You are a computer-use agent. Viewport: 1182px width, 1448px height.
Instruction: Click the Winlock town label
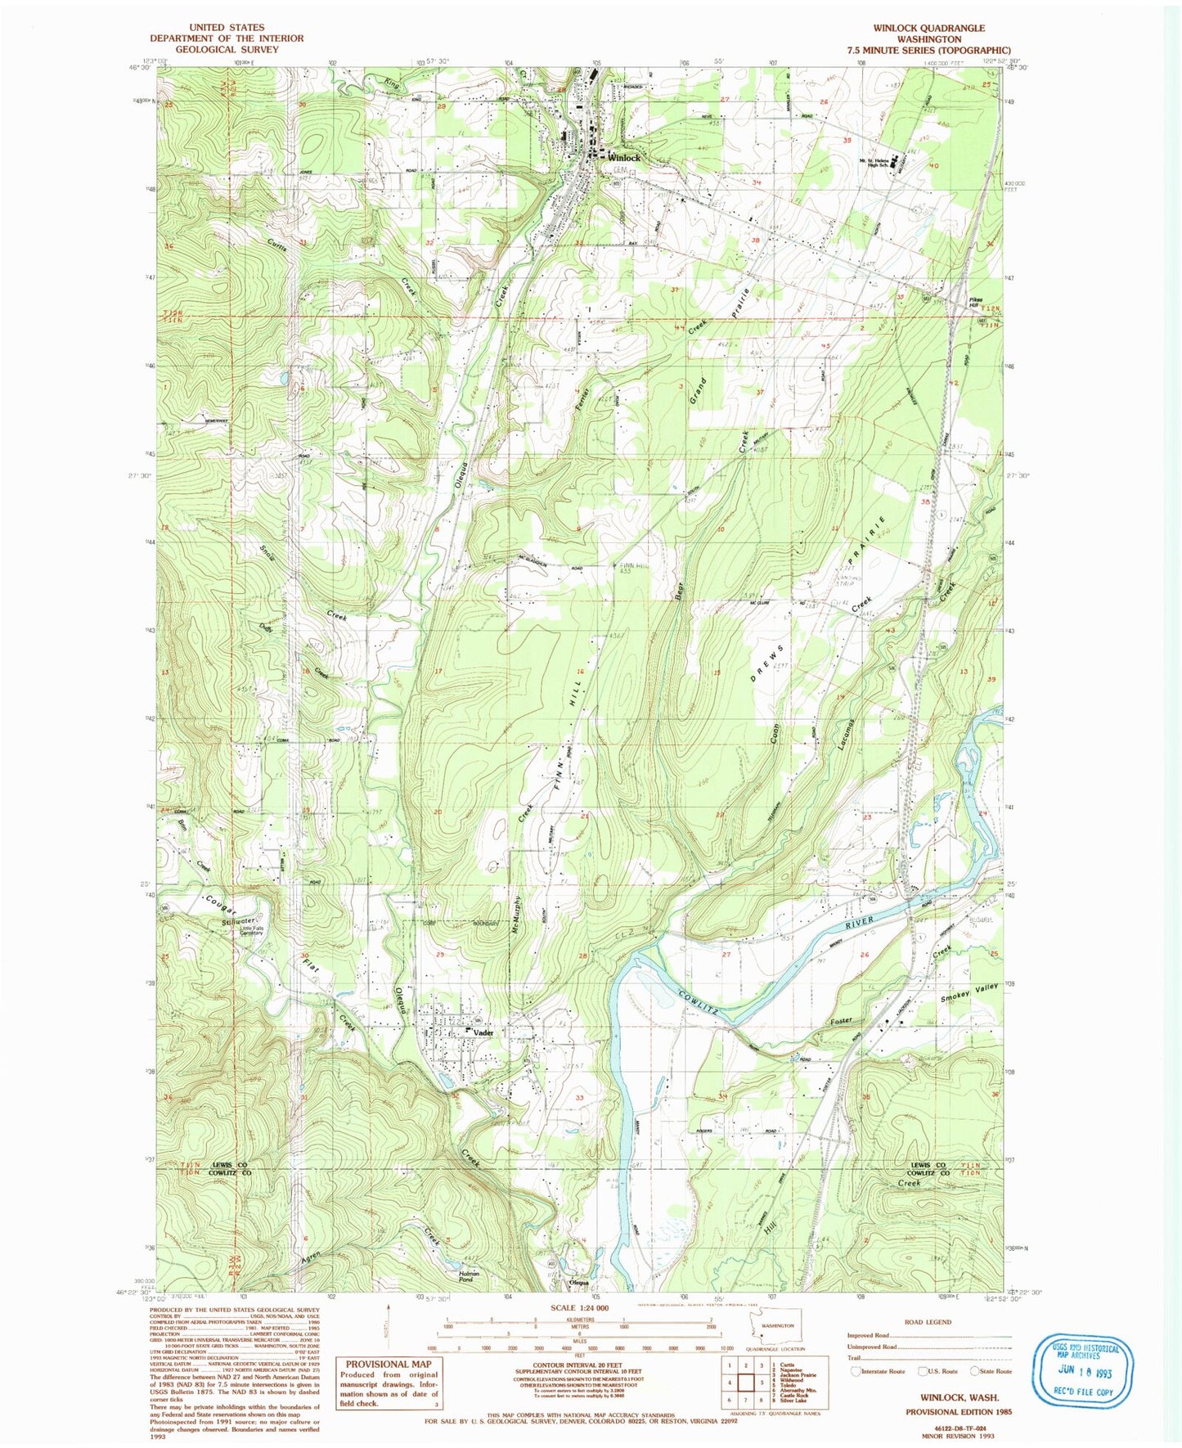tap(623, 158)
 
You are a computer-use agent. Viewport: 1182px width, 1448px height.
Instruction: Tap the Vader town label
tap(484, 1032)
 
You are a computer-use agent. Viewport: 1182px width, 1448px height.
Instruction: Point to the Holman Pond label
tap(469, 1275)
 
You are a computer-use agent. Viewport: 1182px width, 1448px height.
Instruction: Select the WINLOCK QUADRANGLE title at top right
tap(929, 28)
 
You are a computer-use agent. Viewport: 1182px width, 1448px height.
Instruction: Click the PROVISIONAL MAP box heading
tap(388, 1364)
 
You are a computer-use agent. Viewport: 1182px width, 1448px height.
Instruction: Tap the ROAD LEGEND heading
tap(928, 1322)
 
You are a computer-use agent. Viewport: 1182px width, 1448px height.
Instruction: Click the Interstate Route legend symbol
tap(856, 1371)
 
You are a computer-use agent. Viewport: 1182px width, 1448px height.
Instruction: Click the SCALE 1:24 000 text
tap(580, 1331)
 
